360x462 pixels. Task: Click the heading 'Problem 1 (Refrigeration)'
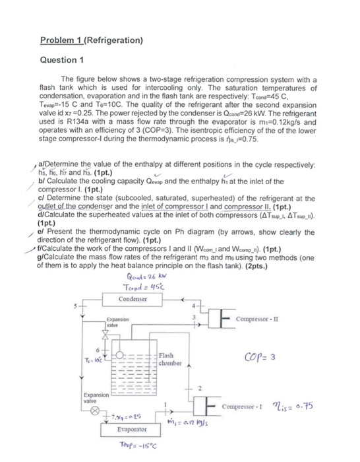coord(91,40)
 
